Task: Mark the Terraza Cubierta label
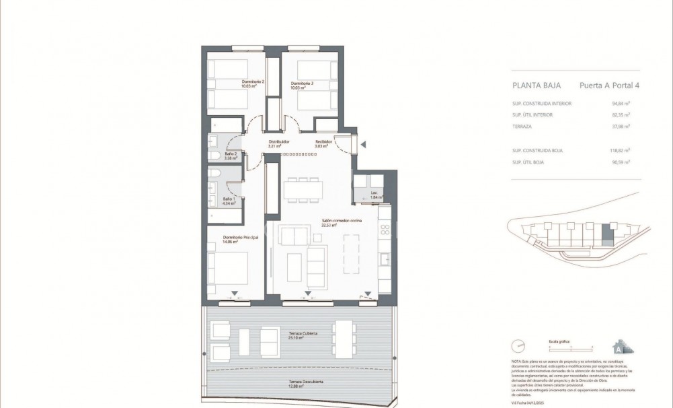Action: click(x=303, y=335)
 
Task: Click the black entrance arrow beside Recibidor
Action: click(x=362, y=144)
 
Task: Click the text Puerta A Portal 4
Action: click(x=609, y=86)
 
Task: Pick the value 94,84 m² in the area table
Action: click(x=629, y=104)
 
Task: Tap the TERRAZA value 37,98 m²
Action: click(x=629, y=126)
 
